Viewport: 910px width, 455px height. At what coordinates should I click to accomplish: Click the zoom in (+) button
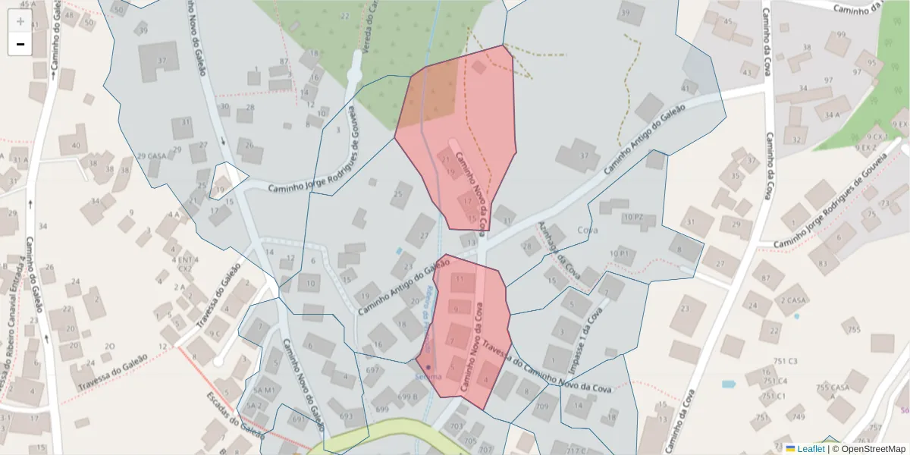(x=20, y=21)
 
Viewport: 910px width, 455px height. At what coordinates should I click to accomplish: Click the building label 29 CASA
(x=152, y=156)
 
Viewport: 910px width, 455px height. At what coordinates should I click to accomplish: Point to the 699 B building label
(x=408, y=397)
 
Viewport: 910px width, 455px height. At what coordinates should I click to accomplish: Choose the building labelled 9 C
(x=215, y=333)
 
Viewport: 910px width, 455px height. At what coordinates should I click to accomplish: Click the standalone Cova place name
(x=588, y=230)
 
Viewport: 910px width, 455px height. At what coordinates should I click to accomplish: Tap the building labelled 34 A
(x=832, y=115)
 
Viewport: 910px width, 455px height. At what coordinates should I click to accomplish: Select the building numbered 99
(x=840, y=35)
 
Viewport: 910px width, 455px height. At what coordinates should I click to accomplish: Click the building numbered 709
(x=541, y=407)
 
